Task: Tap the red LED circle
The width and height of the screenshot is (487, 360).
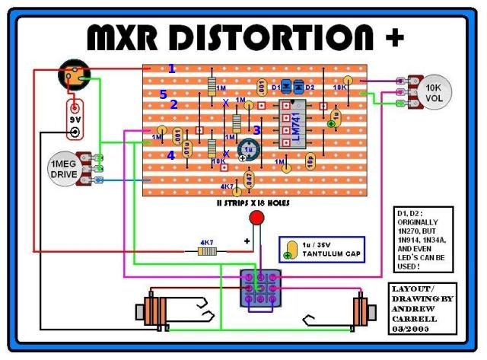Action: tap(256, 218)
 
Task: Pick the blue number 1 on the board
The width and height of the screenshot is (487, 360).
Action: tap(172, 69)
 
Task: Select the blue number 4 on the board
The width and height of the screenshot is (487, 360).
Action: tap(170, 155)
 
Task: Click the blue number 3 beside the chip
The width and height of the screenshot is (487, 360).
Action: tap(257, 130)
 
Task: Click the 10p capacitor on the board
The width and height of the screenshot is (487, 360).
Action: tap(311, 160)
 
